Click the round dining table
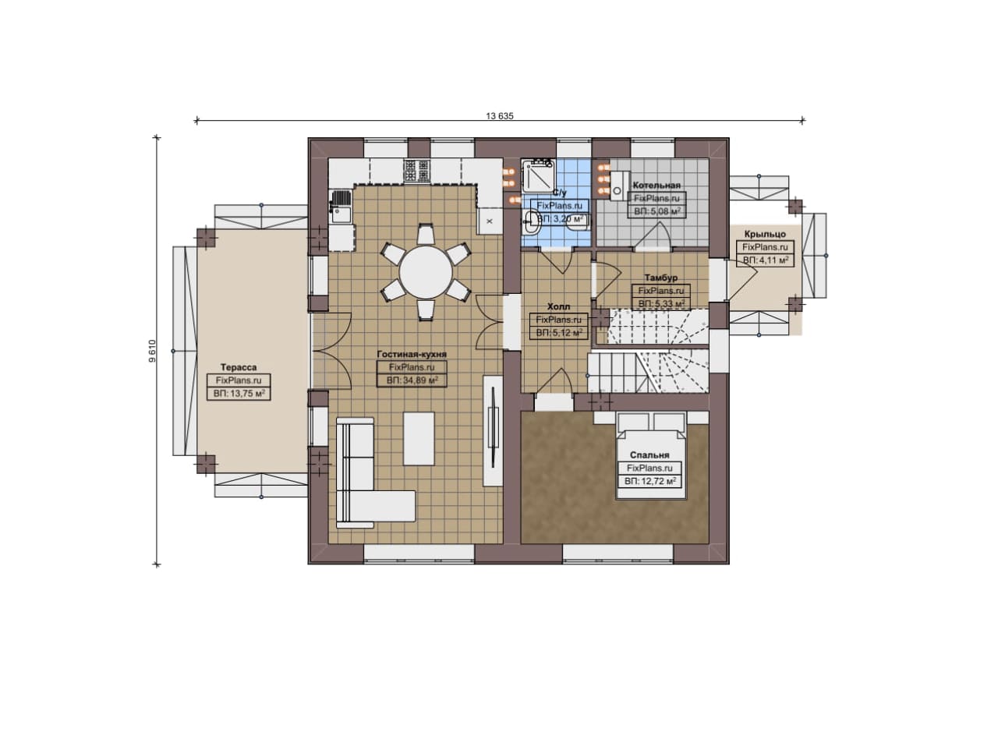click(x=426, y=272)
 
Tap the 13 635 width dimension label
click(x=500, y=116)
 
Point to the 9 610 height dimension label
click(x=152, y=351)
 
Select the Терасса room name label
click(x=239, y=368)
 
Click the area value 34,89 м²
click(x=412, y=380)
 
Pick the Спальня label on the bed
click(x=649, y=455)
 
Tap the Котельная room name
click(x=656, y=186)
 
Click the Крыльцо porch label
click(x=765, y=235)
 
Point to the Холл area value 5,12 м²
click(x=559, y=333)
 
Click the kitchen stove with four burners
click(x=416, y=171)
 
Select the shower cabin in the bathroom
click(x=539, y=175)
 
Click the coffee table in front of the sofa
click(x=419, y=439)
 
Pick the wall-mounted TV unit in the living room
click(x=493, y=431)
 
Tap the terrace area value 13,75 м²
click(x=239, y=394)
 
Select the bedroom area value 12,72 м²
click(x=650, y=482)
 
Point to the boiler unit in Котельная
click(x=617, y=186)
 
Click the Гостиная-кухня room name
click(x=412, y=355)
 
